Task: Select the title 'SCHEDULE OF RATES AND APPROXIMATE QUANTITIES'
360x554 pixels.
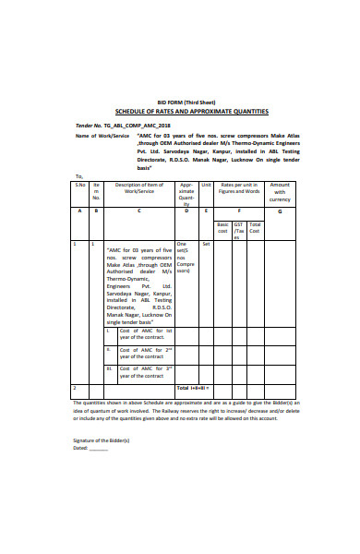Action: (185, 111)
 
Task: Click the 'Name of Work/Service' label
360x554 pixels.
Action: (99, 135)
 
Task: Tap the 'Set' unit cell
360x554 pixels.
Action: (206, 244)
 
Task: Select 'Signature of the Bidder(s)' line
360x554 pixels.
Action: (102, 440)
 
